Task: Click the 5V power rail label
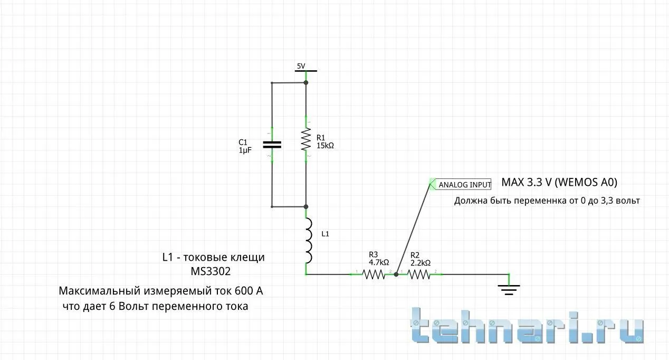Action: click(x=301, y=66)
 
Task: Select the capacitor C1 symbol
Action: click(x=272, y=145)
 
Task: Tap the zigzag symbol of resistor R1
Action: click(x=306, y=139)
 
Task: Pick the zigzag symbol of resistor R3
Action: click(x=374, y=274)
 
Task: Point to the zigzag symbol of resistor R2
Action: click(x=419, y=274)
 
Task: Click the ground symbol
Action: click(x=509, y=289)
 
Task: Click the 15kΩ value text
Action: click(x=325, y=146)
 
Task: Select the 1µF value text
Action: click(x=245, y=150)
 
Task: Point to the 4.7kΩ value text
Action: click(x=379, y=262)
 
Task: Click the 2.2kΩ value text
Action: click(x=420, y=263)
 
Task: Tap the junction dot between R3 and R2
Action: click(x=396, y=274)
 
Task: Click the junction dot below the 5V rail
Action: click(x=306, y=82)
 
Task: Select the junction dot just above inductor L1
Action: click(x=306, y=207)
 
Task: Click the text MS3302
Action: click(x=211, y=271)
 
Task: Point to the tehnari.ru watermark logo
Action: click(x=527, y=325)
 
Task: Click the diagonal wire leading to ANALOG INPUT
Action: click(x=413, y=229)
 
